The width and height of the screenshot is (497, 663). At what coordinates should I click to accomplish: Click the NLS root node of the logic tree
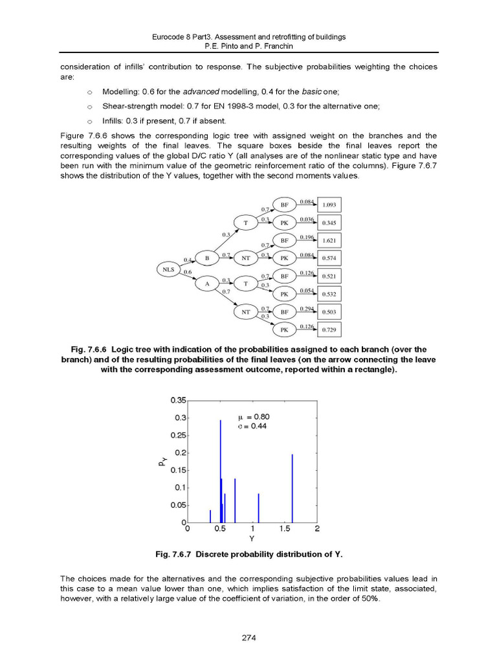coord(169,269)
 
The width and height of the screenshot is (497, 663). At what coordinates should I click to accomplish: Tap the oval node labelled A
coord(206,283)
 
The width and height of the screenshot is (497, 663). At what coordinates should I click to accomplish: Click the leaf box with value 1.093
coord(329,205)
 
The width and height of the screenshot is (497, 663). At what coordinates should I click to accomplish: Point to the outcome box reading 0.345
coord(329,223)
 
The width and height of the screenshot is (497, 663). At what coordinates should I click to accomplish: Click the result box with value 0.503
coord(329,312)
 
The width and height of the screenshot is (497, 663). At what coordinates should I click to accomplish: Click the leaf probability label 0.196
coord(307,237)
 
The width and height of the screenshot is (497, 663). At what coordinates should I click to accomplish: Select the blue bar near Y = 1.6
coord(292,488)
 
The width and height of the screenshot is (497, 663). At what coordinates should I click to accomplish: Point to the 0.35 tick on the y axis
coord(177,400)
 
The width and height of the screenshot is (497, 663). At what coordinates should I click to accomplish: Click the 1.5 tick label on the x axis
coord(284,528)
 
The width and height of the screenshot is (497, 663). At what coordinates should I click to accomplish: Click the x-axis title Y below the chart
coord(252,537)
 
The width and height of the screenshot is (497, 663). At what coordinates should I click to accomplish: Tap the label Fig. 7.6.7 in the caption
coord(173,555)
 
